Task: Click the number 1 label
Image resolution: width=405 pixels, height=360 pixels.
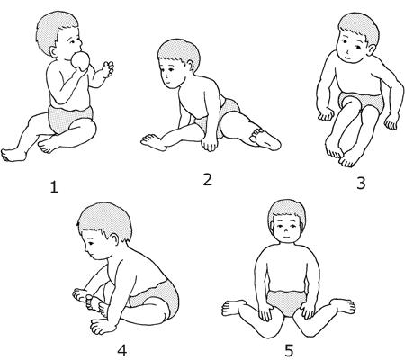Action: click(x=54, y=187)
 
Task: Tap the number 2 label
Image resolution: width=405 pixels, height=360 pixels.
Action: click(x=208, y=180)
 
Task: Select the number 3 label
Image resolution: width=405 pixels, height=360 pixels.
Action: click(x=361, y=184)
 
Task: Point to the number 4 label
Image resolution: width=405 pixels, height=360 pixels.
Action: click(x=121, y=350)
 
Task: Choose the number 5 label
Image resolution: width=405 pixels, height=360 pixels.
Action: click(x=289, y=350)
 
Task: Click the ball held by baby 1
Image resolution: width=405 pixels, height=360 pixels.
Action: click(x=80, y=61)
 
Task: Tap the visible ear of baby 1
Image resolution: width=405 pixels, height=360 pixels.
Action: click(x=53, y=52)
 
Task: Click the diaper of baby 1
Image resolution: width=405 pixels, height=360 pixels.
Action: click(x=69, y=119)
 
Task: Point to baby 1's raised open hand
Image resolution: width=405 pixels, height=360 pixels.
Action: click(x=108, y=68)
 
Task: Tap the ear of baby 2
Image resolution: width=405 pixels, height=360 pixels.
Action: click(x=190, y=66)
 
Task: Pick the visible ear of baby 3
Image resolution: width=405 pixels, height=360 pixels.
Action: click(x=372, y=49)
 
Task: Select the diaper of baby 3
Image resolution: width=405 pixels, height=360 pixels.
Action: click(x=362, y=102)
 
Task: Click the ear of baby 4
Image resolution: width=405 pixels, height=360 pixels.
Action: click(x=115, y=240)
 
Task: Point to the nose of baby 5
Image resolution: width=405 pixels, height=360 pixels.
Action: click(x=286, y=231)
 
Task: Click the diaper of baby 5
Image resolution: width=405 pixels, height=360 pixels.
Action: click(x=286, y=302)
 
